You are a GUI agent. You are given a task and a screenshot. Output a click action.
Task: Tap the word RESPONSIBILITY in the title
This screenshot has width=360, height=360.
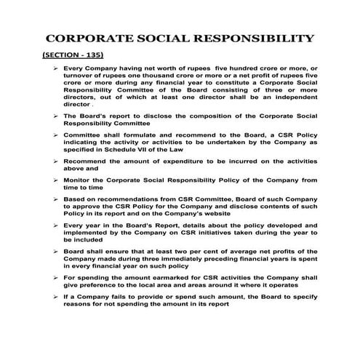(x=256, y=39)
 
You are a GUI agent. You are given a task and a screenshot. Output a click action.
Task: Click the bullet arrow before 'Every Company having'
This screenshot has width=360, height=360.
(x=57, y=68)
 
